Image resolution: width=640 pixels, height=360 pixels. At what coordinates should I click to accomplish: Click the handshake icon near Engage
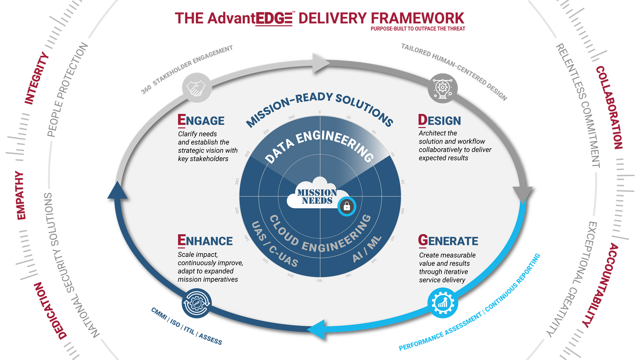point(196,88)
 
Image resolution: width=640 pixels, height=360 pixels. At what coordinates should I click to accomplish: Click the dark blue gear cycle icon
point(197,303)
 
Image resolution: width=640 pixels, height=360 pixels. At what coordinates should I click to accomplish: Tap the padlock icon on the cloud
point(347,206)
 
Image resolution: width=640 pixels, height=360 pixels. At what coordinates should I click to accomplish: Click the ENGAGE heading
point(201,121)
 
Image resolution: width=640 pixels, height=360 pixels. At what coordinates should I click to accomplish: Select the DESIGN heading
point(439,121)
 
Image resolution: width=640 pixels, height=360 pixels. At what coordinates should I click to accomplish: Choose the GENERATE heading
point(448,240)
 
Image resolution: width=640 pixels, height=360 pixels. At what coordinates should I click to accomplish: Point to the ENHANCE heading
point(205,240)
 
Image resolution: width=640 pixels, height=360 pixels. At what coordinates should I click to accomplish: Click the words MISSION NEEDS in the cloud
point(317,197)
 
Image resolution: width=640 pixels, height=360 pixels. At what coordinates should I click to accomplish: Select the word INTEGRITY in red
point(36,78)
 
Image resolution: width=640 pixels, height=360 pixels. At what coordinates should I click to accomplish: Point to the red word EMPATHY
point(21,195)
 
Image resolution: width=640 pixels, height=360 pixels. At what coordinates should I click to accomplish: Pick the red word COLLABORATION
point(609,108)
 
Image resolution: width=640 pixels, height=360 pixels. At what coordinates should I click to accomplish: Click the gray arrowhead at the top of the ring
point(320,62)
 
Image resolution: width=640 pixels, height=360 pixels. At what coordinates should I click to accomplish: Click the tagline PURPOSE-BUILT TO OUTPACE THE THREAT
point(418,28)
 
